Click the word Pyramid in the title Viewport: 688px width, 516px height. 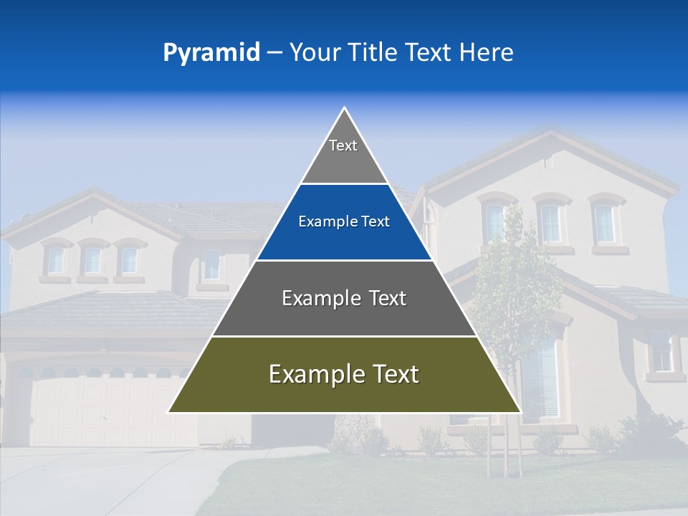click(211, 52)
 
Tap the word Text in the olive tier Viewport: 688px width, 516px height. click(391, 374)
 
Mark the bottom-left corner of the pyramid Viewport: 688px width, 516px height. click(169, 412)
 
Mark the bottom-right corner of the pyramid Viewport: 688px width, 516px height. click(520, 412)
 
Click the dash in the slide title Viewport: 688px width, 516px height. click(274, 52)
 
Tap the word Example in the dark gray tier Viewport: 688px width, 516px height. click(320, 298)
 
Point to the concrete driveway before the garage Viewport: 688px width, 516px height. click(107, 480)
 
